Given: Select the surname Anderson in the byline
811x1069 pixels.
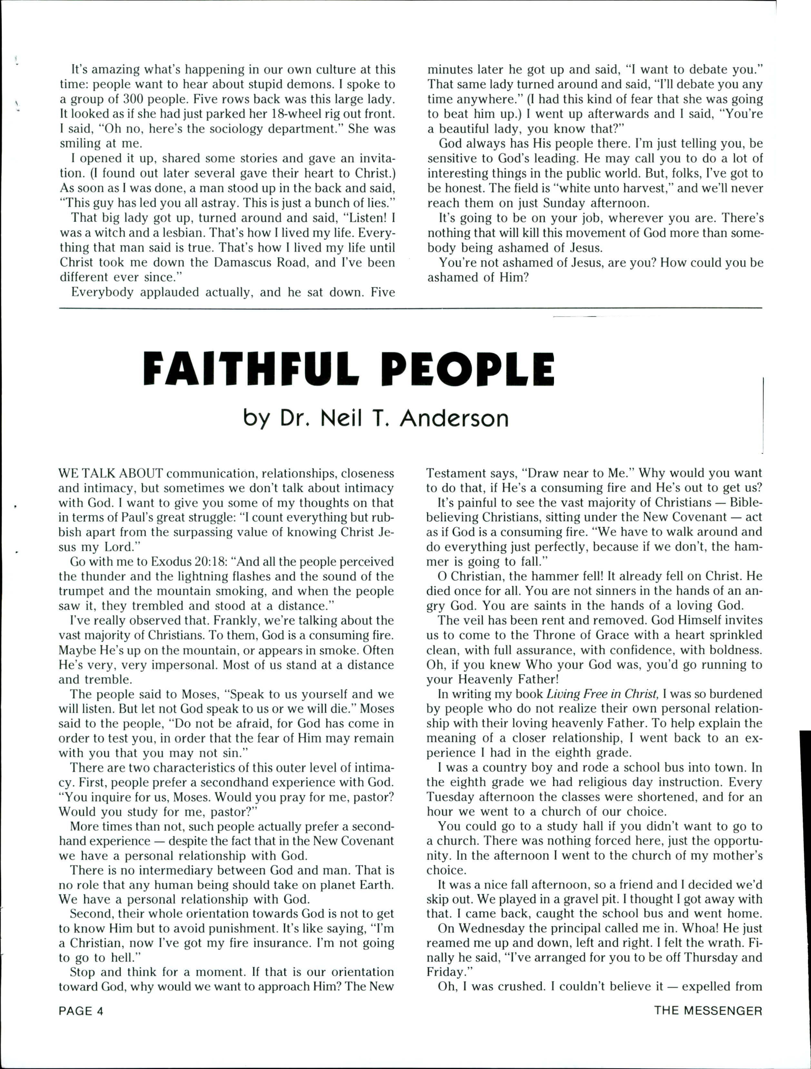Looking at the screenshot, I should (x=454, y=419).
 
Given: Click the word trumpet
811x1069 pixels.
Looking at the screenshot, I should (x=80, y=591).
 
